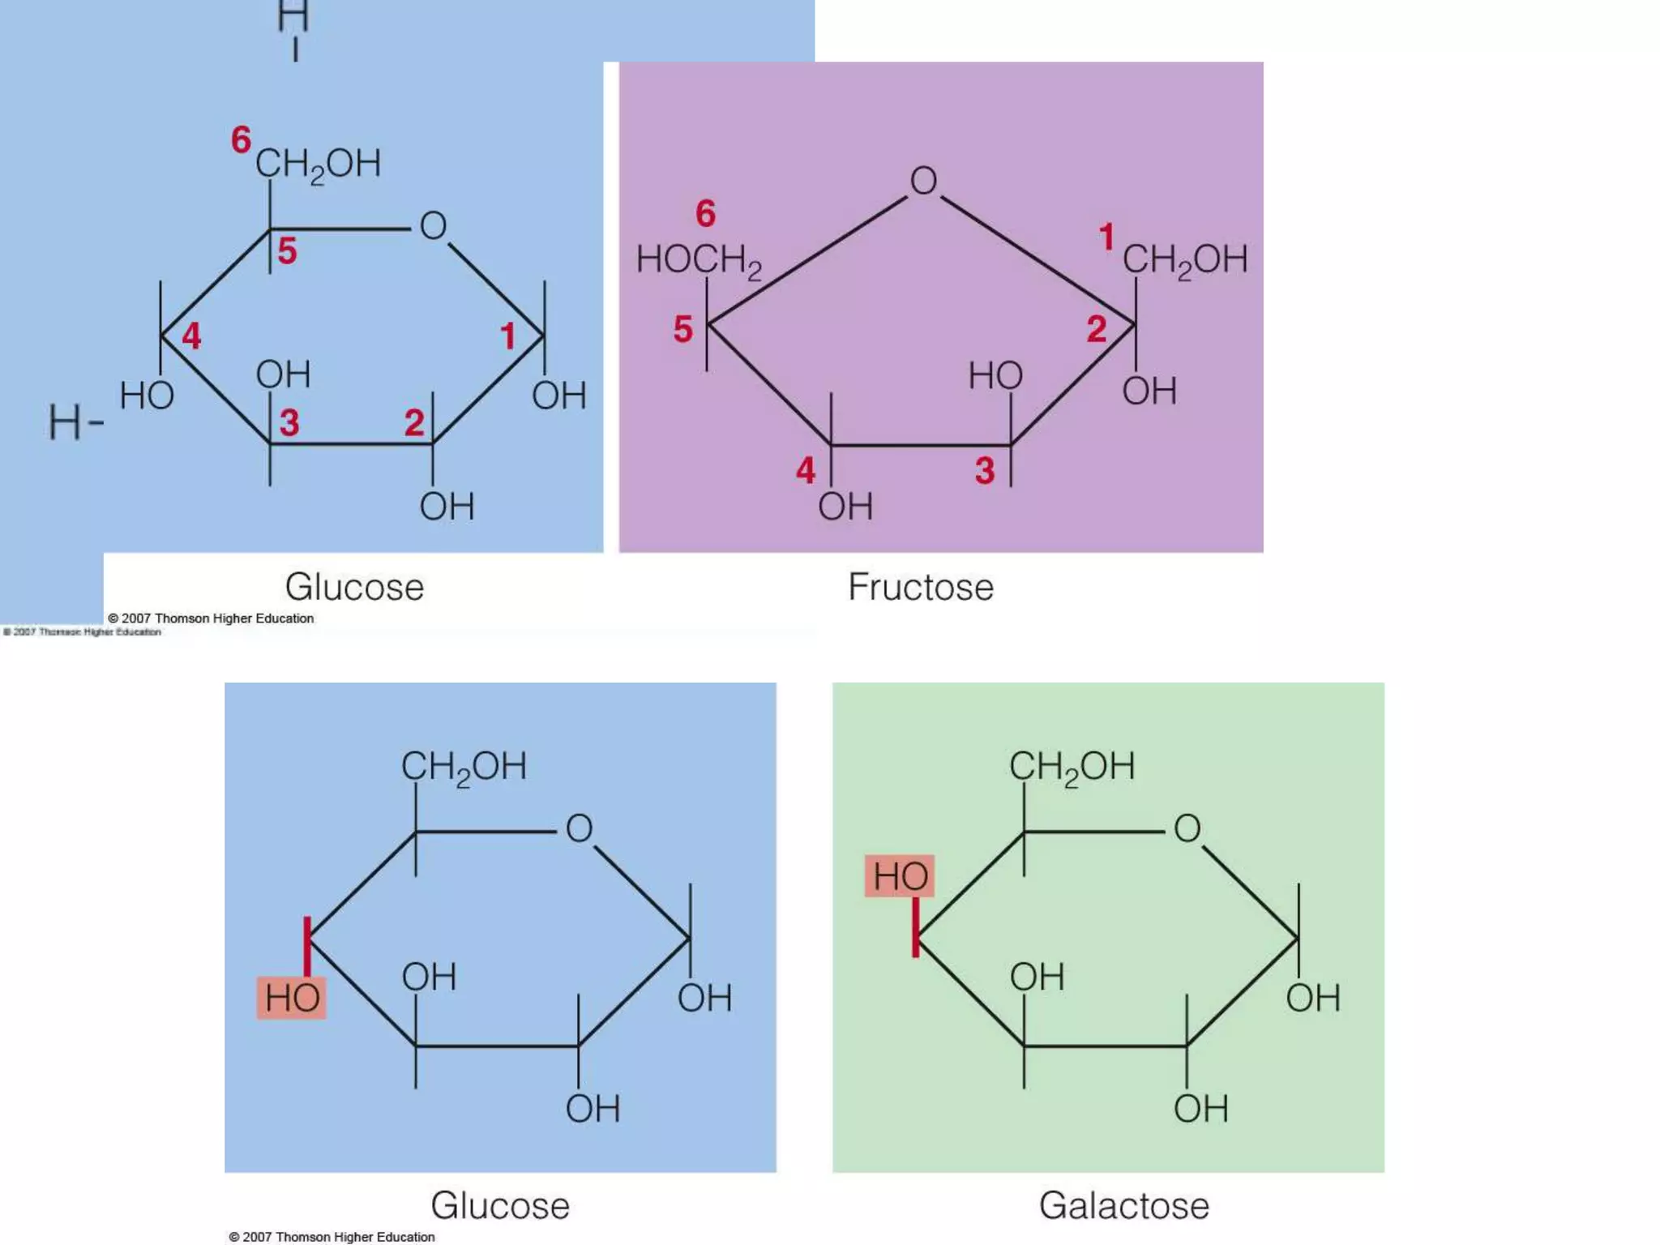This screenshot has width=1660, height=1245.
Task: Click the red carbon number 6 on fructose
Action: tap(705, 214)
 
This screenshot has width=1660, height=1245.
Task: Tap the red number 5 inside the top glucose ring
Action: tap(287, 251)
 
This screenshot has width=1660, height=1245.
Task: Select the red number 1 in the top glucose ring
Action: tap(508, 336)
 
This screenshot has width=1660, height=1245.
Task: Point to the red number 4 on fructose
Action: tap(805, 470)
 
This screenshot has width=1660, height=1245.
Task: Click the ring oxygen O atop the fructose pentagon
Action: tap(923, 181)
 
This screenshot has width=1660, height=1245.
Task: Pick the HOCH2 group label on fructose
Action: tap(699, 261)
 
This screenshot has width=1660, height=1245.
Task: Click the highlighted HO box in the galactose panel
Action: tap(900, 876)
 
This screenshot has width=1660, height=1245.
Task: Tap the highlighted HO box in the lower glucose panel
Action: tap(292, 998)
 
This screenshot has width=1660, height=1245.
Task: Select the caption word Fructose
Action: tap(921, 587)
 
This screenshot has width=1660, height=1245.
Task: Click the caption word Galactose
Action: tap(1123, 1205)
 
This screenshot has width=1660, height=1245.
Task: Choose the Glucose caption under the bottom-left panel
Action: tap(500, 1205)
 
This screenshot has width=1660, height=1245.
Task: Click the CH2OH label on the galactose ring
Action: tap(1072, 767)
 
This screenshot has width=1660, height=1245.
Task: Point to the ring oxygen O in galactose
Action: tap(1187, 828)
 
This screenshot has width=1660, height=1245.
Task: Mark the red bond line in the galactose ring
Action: tap(916, 928)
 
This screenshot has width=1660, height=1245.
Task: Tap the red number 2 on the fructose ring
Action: tap(1096, 329)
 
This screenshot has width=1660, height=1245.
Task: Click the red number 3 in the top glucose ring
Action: tap(289, 422)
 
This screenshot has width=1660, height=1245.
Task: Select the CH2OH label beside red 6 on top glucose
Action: tap(318, 165)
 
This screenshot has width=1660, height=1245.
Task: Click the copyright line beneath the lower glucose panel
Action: tap(332, 1237)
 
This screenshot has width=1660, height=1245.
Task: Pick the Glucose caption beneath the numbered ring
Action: tap(354, 587)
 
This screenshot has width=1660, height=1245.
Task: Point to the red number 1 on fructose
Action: tap(1106, 237)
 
